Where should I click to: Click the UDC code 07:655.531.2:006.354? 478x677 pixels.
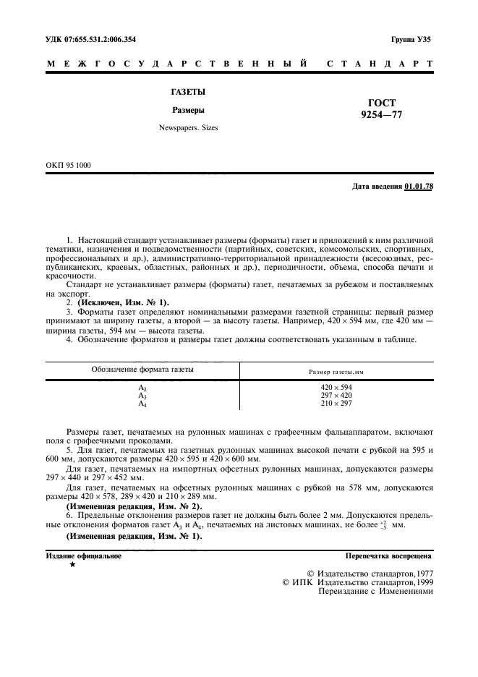(109, 39)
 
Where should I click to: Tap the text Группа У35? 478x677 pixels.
(411, 39)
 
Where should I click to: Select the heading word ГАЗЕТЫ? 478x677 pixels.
(187, 92)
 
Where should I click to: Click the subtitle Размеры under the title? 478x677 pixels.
(187, 111)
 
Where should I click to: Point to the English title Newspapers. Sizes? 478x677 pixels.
(188, 127)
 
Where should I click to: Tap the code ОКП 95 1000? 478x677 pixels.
(68, 165)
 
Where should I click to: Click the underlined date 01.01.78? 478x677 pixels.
(419, 187)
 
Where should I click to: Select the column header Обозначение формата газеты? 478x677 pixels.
(142, 370)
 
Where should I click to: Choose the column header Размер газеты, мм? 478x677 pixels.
(336, 371)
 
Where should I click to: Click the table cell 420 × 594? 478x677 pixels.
(336, 387)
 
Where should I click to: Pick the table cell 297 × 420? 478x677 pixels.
(336, 395)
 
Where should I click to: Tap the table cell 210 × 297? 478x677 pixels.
(336, 403)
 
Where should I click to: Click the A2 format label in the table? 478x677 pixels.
(142, 388)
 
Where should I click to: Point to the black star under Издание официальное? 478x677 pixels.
(72, 565)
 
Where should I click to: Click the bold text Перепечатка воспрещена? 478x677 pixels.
(388, 556)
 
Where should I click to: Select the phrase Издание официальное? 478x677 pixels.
(83, 556)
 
